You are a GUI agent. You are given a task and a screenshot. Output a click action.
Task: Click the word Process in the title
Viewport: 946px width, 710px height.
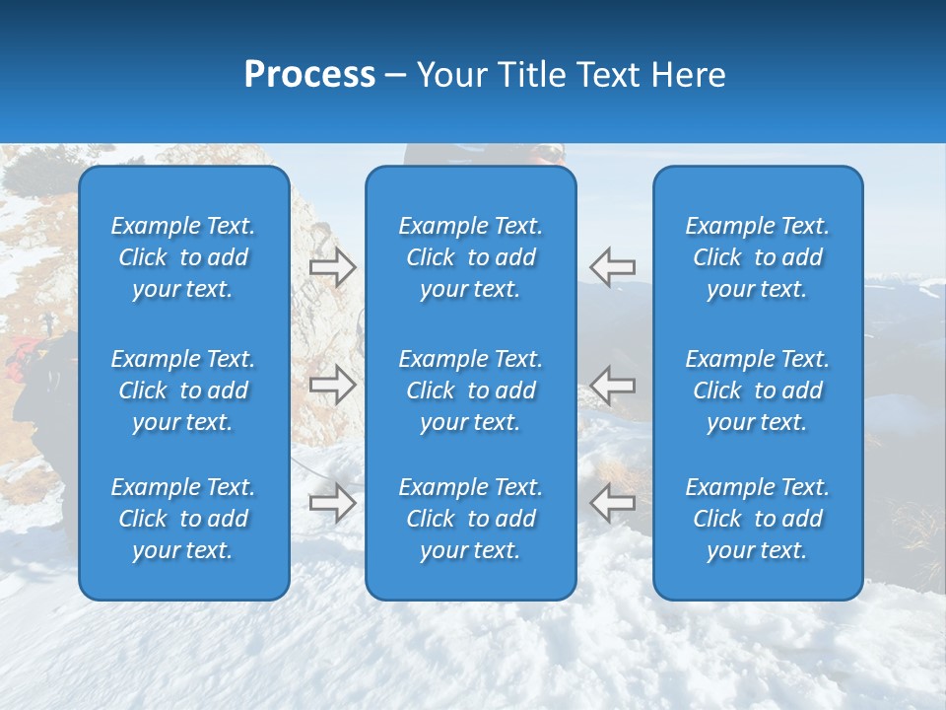pyautogui.click(x=309, y=75)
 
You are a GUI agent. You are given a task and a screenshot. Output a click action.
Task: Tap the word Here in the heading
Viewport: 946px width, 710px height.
pyautogui.click(x=689, y=75)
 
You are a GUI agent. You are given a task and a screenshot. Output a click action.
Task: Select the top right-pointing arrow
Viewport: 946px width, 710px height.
pyautogui.click(x=332, y=266)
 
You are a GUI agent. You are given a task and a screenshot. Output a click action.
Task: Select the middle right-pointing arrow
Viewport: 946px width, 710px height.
pyautogui.click(x=332, y=385)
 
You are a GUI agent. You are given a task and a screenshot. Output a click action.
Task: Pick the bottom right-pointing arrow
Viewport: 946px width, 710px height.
pyautogui.click(x=332, y=502)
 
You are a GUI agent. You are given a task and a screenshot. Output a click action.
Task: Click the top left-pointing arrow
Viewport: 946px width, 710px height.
pyautogui.click(x=613, y=266)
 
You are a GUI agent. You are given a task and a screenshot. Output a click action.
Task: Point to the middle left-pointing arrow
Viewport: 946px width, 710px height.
pyautogui.click(x=613, y=385)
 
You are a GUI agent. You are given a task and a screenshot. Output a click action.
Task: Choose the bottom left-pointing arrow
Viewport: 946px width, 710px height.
pyautogui.click(x=613, y=502)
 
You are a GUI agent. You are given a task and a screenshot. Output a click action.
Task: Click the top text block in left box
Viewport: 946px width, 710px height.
pyautogui.click(x=183, y=257)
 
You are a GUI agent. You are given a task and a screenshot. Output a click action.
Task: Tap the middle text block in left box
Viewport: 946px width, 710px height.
pyautogui.click(x=183, y=390)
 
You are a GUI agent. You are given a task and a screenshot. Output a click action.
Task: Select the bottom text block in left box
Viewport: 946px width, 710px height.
pyautogui.click(x=183, y=519)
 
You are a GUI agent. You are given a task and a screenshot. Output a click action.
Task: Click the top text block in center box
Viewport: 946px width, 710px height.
pyautogui.click(x=471, y=257)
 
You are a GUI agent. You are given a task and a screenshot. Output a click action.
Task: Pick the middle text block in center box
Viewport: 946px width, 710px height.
pyautogui.click(x=471, y=390)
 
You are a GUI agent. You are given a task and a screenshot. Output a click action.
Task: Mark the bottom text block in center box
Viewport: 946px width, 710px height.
pyautogui.click(x=471, y=519)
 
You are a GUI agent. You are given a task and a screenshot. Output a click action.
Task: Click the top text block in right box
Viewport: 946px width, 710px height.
pyautogui.click(x=758, y=257)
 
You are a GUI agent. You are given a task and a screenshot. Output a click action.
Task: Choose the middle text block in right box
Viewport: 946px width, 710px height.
pyautogui.click(x=758, y=390)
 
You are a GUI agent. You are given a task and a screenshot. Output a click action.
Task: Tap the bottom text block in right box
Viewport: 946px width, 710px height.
pyautogui.click(x=758, y=519)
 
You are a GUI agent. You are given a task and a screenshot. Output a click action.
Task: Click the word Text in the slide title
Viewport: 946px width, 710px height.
pyautogui.click(x=608, y=75)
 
